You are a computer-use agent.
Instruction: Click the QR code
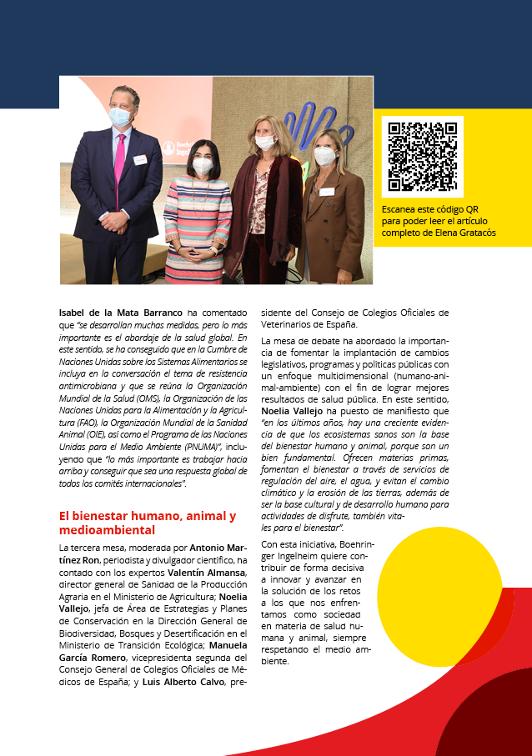[x=423, y=157]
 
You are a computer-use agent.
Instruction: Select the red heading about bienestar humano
[x=147, y=523]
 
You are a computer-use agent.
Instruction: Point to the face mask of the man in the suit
[x=120, y=117]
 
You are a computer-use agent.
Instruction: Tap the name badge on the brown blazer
[x=326, y=192]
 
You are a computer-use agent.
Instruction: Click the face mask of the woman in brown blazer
[x=325, y=155]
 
